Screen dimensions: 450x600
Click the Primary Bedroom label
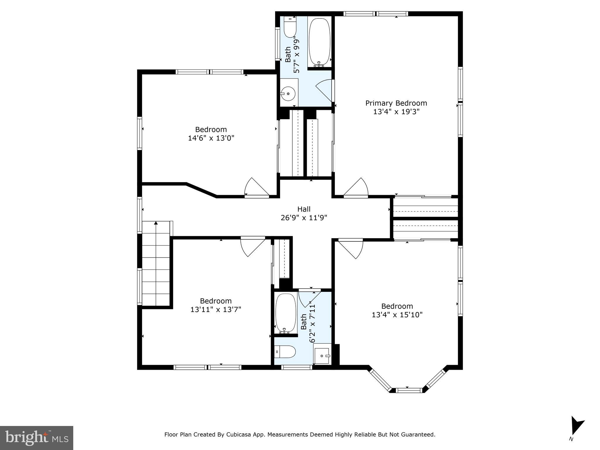396,103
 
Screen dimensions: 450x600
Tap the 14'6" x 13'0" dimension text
211,138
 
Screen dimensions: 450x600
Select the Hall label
304,209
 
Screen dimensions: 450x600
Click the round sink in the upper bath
288,93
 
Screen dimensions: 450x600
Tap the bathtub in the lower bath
286,313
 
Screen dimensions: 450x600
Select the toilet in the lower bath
285,351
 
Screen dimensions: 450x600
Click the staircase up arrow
156,223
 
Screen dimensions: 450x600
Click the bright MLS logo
36,438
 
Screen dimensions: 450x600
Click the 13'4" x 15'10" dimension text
397,315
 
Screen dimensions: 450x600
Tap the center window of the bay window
410,390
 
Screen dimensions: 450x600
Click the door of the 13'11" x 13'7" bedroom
253,247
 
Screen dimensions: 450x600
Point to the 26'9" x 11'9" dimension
304,218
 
